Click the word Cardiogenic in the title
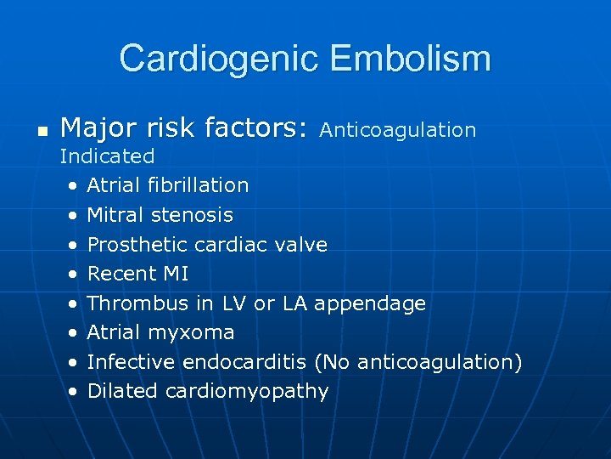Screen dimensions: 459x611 [x=219, y=59]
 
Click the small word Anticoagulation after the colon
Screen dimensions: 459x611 [x=398, y=130]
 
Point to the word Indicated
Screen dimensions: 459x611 [x=107, y=156]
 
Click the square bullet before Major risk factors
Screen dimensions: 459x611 [x=41, y=132]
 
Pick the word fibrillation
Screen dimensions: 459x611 [x=198, y=185]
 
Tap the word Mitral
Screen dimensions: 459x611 [x=117, y=215]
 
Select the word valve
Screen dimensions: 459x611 [x=303, y=245]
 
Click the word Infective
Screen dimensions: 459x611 [x=132, y=362]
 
